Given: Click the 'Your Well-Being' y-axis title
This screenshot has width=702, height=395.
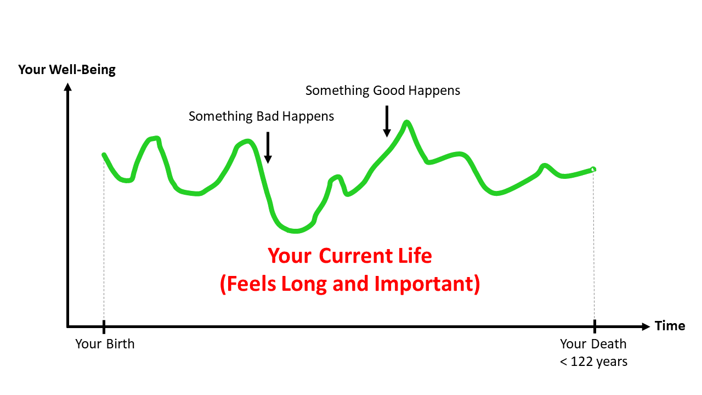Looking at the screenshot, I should [x=67, y=70].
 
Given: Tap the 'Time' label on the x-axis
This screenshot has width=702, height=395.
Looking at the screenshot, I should [x=670, y=326].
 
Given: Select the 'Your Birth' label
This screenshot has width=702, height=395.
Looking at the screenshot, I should [x=105, y=344].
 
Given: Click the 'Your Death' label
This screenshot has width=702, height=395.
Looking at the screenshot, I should [x=593, y=344].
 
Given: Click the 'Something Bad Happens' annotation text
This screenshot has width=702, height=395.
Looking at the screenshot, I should [x=261, y=116].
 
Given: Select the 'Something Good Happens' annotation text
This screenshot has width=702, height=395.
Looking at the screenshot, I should [x=382, y=91].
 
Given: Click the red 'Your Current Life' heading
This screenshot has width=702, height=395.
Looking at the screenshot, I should [x=350, y=256].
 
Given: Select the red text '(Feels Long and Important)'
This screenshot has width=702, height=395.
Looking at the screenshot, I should [x=350, y=284].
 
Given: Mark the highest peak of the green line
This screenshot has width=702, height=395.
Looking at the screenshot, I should [x=406, y=122].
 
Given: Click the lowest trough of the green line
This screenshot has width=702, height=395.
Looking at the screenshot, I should [x=295, y=231].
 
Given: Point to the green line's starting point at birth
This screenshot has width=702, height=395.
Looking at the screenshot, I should [x=104, y=155].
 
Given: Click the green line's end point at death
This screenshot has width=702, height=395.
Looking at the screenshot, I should [x=593, y=169].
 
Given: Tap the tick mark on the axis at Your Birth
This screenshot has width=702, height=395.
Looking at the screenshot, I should [x=104, y=326].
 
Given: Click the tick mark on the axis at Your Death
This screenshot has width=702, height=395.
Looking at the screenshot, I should [x=595, y=326].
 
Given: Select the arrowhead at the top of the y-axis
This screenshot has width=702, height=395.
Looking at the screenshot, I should [x=67, y=86].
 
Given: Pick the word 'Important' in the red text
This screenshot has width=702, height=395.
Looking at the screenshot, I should [x=424, y=284].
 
